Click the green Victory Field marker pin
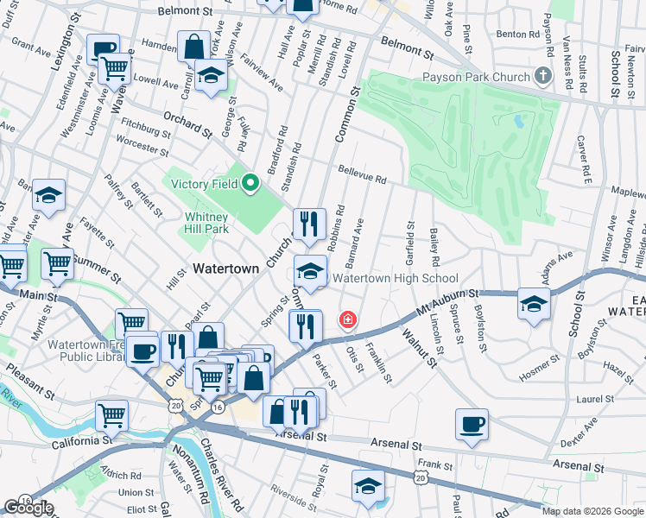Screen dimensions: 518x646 250,183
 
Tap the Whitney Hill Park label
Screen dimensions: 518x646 206,224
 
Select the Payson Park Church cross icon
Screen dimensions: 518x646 542,76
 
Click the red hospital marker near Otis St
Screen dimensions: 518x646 347,320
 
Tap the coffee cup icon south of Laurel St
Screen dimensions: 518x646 472,424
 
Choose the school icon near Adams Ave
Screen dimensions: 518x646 534,304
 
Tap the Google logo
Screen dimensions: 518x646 28,508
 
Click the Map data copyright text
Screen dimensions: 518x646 592,511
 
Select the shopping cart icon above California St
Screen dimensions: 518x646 112,415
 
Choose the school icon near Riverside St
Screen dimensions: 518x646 368,485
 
